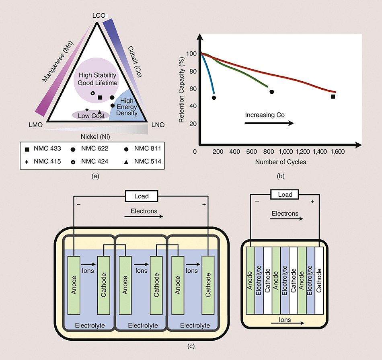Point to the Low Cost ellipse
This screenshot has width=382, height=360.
91,115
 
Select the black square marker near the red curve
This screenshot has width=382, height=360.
333,97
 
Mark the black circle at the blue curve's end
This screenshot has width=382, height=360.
214,98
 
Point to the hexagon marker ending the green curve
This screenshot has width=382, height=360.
272,92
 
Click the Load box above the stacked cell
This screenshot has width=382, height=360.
285,195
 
